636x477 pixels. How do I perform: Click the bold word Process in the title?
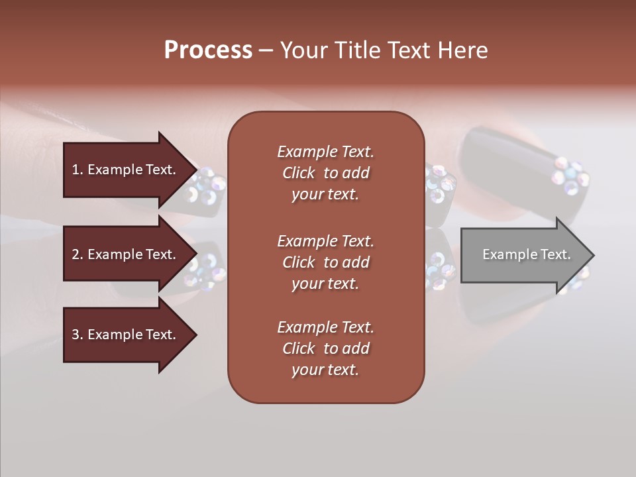208,50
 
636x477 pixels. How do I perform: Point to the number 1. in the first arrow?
78,170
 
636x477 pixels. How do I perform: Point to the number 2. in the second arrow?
78,254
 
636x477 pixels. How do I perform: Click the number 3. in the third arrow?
78,335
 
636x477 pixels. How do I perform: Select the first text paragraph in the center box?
325,173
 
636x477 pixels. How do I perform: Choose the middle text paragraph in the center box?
325,262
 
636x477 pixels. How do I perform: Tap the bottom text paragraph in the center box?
325,348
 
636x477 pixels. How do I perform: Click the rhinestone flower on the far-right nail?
570,176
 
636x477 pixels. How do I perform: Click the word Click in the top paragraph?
299,173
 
